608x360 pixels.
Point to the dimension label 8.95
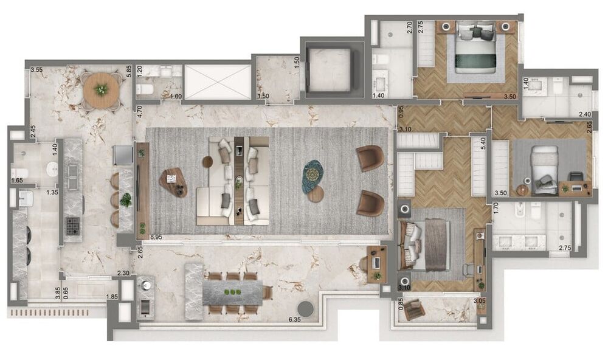point(156,237)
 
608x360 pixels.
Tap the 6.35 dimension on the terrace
point(296,318)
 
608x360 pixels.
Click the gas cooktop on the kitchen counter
point(73,226)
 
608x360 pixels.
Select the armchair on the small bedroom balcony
point(415,311)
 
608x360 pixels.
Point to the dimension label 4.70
point(139,111)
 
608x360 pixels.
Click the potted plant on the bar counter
point(126,199)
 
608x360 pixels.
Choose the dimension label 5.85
point(129,70)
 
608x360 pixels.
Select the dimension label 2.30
point(123,274)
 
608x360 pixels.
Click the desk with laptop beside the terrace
point(376,263)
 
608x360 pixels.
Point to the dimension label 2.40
point(584,114)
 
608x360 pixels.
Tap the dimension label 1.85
point(112,297)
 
